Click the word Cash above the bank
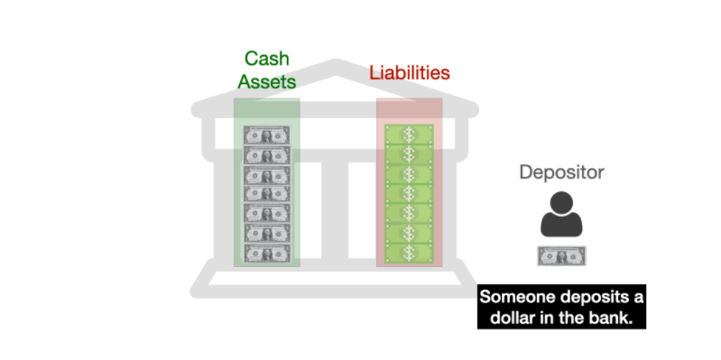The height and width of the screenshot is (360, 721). (x=267, y=59)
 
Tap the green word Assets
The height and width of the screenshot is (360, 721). (x=267, y=82)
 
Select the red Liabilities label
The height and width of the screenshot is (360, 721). (x=410, y=73)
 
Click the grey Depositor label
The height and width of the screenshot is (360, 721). (x=561, y=172)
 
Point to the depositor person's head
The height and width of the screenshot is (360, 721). (x=561, y=203)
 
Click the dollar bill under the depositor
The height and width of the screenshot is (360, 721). (x=562, y=256)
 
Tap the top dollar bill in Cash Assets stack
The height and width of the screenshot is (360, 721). (x=267, y=135)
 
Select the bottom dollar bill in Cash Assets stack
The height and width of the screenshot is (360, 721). (x=267, y=254)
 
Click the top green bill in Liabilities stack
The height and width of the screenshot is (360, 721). (x=410, y=134)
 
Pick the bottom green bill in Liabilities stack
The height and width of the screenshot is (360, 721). (x=410, y=254)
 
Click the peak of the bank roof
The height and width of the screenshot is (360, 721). (x=336, y=63)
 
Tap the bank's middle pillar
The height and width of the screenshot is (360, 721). (x=335, y=209)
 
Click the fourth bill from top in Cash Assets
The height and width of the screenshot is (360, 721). (x=267, y=195)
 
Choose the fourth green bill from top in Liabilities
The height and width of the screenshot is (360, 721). (x=410, y=194)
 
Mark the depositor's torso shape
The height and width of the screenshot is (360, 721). (x=561, y=225)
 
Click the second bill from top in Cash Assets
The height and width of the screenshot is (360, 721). (x=267, y=155)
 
